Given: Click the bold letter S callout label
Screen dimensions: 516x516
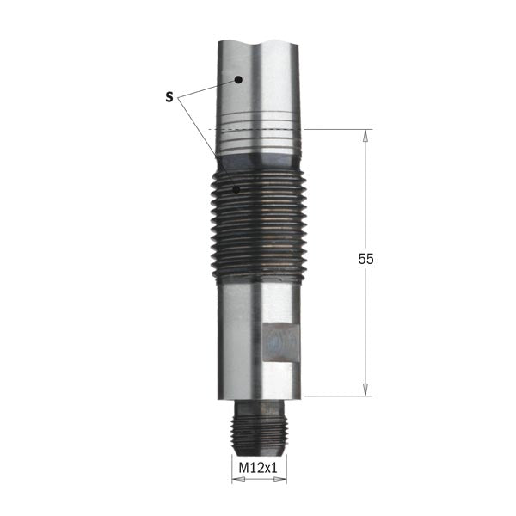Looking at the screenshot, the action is tap(169, 97).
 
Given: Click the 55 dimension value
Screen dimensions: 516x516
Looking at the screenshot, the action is tap(366, 260).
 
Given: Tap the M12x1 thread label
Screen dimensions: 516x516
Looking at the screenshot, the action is tap(258, 468).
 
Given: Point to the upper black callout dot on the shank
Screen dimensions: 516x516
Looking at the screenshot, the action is tap(238, 80).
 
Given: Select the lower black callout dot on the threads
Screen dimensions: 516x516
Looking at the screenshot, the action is tap(236, 189).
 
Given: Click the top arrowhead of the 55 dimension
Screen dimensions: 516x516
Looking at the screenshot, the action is tap(365, 136).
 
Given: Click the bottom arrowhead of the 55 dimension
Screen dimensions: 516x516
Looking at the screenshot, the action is tap(365, 390).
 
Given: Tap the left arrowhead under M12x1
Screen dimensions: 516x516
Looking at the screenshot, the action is tap(238, 480).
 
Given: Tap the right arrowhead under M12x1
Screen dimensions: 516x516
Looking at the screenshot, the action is tap(280, 480).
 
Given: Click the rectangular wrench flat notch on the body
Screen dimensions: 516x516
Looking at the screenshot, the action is tap(281, 343).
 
